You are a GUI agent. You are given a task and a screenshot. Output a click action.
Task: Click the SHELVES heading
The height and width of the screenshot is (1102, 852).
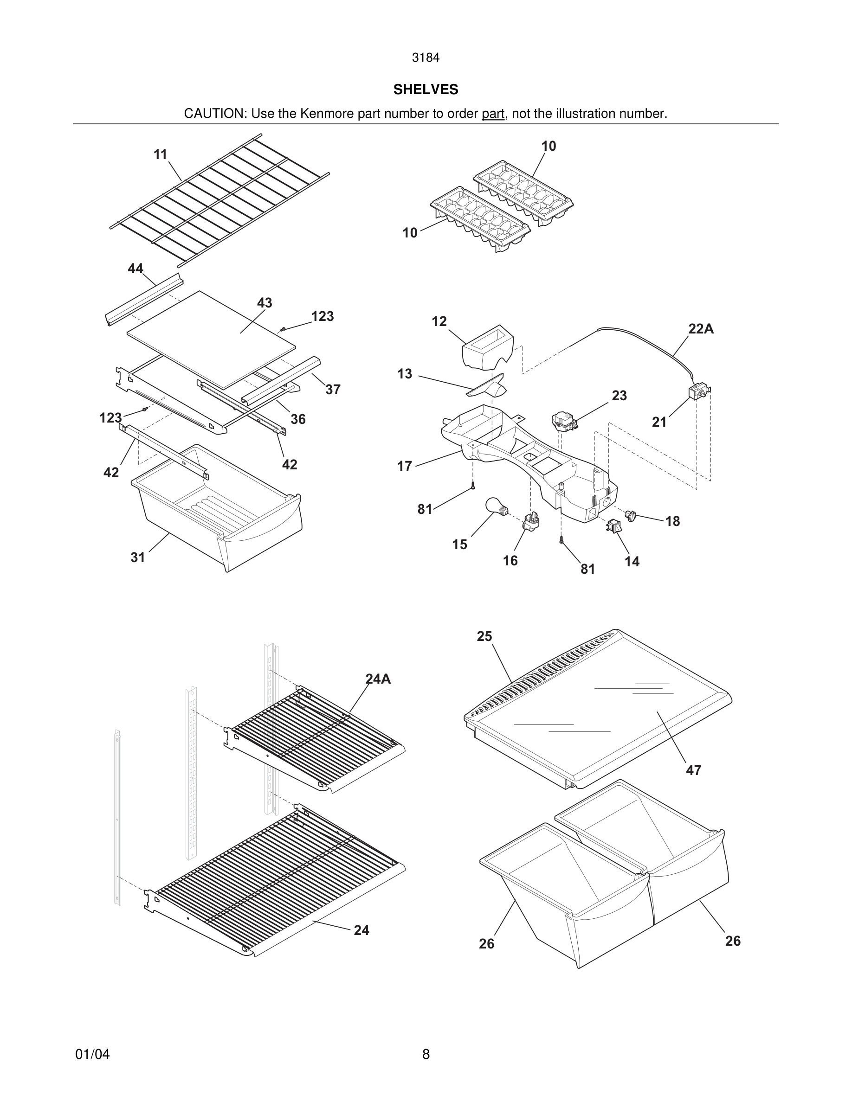pyautogui.click(x=426, y=90)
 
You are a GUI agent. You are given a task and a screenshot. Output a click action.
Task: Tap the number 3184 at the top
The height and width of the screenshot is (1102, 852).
pyautogui.click(x=426, y=58)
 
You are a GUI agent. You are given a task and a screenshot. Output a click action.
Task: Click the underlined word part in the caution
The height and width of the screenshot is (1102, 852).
pyautogui.click(x=493, y=114)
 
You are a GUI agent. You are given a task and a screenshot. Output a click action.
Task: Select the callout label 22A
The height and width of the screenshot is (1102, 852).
pyautogui.click(x=701, y=329)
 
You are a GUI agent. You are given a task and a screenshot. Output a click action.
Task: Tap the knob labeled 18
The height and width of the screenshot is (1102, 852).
pyautogui.click(x=631, y=516)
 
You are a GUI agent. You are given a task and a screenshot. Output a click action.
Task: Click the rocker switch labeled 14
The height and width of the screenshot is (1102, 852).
pyautogui.click(x=614, y=526)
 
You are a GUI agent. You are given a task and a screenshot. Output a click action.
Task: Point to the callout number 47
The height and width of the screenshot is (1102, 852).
pyautogui.click(x=693, y=770)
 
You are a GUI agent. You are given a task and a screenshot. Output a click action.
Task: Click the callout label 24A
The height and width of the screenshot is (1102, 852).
pyautogui.click(x=378, y=679)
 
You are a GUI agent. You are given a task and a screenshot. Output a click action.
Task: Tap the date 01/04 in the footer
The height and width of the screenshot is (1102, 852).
pyautogui.click(x=92, y=1054)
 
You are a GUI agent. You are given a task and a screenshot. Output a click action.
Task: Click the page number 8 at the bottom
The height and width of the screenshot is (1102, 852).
pyautogui.click(x=426, y=1054)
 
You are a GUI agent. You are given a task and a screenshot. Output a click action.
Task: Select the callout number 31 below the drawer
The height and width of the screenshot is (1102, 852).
pyautogui.click(x=138, y=557)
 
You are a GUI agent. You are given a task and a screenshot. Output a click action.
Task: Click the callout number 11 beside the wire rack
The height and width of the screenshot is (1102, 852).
pyautogui.click(x=161, y=154)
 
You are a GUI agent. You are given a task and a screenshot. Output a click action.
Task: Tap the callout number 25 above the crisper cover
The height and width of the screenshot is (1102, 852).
pyautogui.click(x=484, y=636)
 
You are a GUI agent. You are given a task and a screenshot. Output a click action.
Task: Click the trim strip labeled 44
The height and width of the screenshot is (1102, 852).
pyautogui.click(x=144, y=300)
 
